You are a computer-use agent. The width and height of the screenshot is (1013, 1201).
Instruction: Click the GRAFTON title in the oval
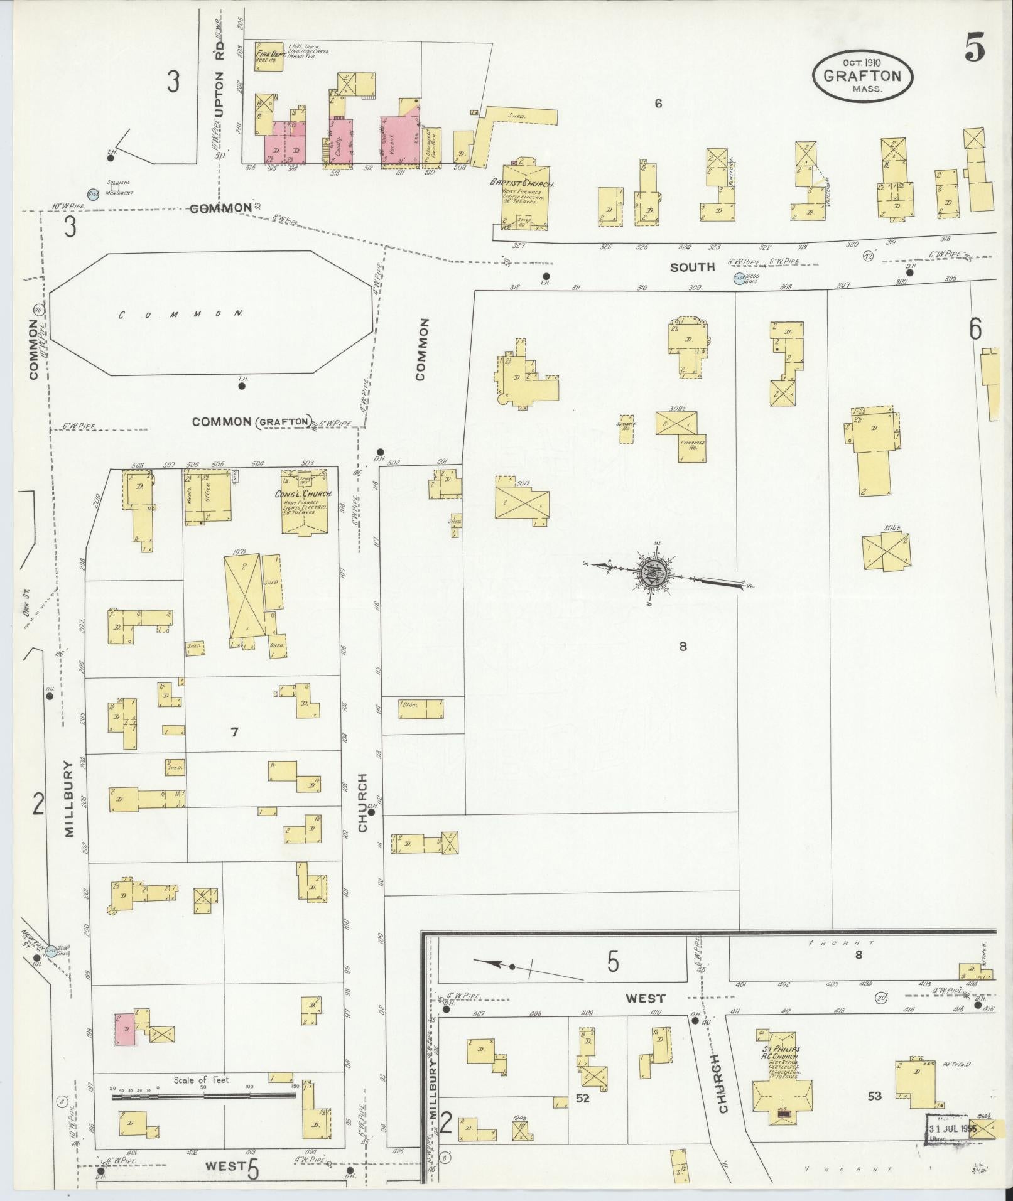tap(862, 77)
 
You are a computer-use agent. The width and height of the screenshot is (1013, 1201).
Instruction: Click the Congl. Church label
tap(302, 493)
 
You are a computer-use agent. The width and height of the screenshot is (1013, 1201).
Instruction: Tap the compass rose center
tap(653, 572)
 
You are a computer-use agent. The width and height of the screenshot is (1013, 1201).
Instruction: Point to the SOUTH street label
tap(692, 267)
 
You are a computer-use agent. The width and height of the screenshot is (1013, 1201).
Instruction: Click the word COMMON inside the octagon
tap(180, 315)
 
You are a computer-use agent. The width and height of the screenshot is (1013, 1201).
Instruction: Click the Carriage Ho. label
tap(691, 445)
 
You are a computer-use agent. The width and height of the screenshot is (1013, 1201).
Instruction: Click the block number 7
tap(234, 731)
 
